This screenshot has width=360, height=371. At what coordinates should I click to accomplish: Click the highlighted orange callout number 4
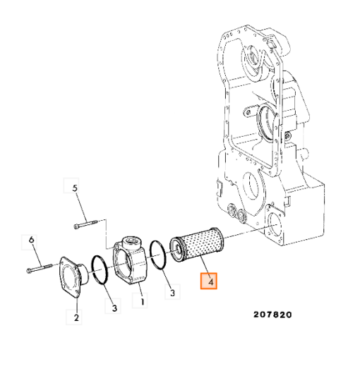209,281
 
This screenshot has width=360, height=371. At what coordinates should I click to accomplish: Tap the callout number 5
74,188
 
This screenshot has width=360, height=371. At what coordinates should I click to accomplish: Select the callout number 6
32,240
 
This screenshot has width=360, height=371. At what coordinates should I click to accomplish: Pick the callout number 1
143,302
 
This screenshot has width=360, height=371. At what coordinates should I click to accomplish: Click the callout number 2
76,317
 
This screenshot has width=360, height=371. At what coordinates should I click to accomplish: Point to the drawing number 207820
272,315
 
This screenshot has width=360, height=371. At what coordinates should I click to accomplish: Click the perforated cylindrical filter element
197,245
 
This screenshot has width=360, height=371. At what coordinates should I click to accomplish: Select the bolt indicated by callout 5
85,224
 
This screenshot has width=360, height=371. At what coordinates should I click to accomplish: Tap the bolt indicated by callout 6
40,268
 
